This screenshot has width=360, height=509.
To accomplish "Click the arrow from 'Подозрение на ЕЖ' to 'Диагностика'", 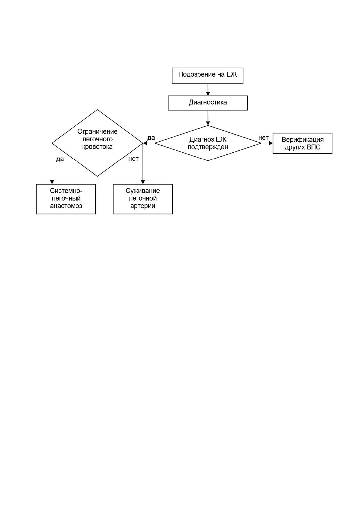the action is tap(208, 90).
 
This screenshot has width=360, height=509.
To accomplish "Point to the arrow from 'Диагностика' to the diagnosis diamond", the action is tap(208, 118).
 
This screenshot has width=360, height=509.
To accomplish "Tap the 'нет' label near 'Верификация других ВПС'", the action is tap(263, 138).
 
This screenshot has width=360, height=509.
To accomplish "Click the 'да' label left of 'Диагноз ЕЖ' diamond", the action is tap(151, 138).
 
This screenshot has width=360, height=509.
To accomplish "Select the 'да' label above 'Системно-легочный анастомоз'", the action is tap(60, 159).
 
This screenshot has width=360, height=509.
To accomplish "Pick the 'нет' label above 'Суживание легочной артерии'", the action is tap(133, 159).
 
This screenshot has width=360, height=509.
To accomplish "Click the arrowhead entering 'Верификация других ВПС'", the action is tap(271, 143).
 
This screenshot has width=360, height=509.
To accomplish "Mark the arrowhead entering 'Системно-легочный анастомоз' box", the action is tap(52, 182).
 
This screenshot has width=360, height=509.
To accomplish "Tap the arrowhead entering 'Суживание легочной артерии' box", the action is tap(143, 182).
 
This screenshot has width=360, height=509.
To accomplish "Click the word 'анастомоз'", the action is tap(66, 206).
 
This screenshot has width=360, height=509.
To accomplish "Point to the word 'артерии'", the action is tap(143, 206).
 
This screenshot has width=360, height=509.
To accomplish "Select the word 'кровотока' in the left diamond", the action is tap(98, 147).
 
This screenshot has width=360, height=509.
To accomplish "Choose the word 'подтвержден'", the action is tap(208, 147).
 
